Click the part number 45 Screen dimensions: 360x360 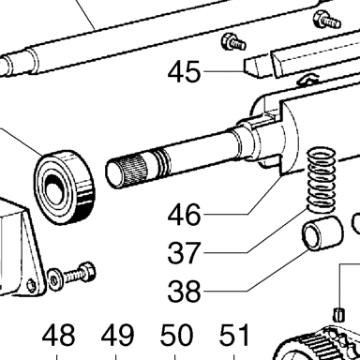[184, 71]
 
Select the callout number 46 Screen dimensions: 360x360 [184, 214]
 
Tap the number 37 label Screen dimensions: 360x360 [184, 252]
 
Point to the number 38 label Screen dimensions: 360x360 [184, 292]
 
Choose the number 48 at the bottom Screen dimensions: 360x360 [58, 335]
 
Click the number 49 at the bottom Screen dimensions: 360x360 [117, 335]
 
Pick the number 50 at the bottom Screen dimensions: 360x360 [175, 335]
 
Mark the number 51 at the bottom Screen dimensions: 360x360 [234, 335]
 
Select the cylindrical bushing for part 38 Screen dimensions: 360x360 [322, 234]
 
